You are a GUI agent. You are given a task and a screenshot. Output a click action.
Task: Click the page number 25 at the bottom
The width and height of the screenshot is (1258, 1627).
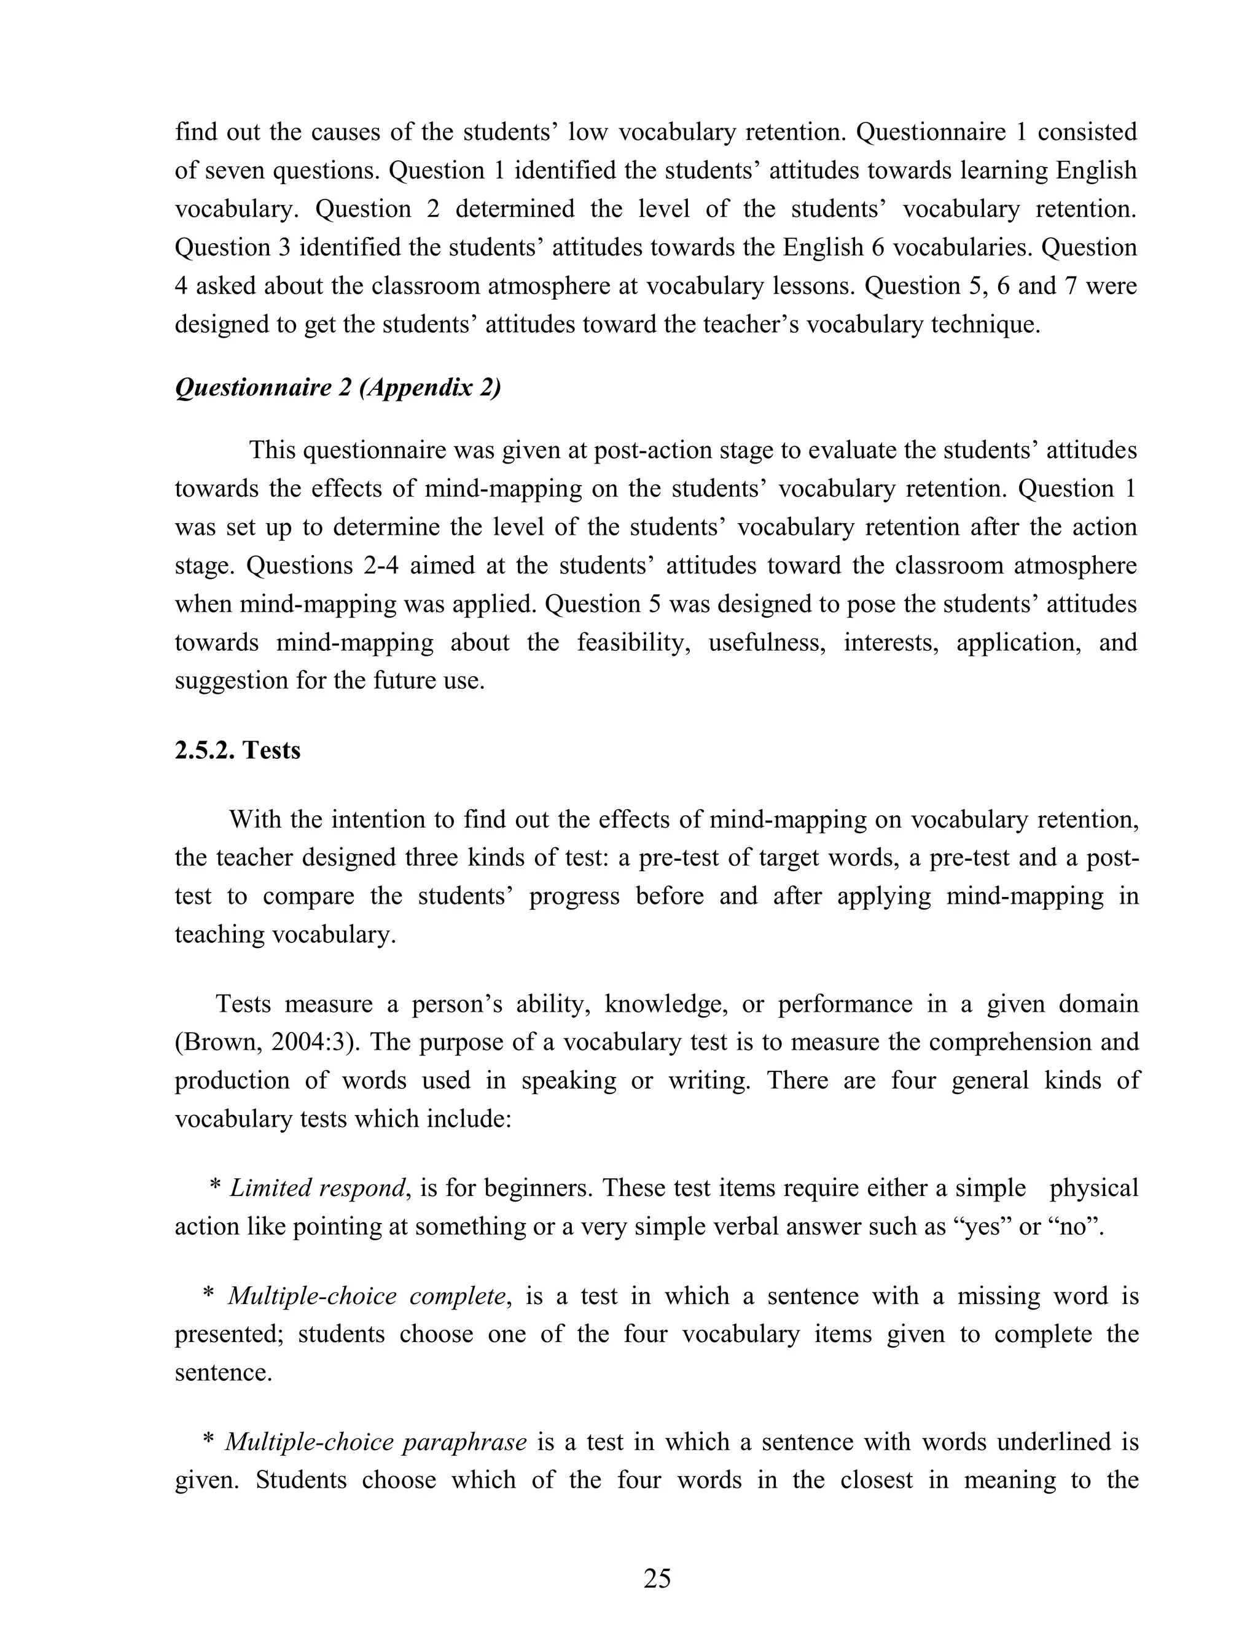[x=657, y=1578]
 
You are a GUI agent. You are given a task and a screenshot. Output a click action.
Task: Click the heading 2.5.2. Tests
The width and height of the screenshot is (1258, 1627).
[x=237, y=750]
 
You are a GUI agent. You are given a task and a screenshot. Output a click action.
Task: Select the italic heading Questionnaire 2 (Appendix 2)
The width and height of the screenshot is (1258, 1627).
[x=338, y=388]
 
